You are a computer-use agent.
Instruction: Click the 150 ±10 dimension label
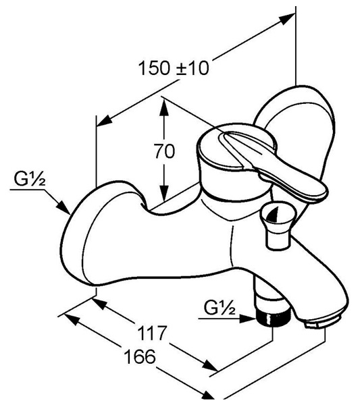point(174,68)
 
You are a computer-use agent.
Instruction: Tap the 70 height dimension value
point(164,151)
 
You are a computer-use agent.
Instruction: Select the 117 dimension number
point(151,333)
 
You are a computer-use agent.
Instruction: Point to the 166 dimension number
point(140,356)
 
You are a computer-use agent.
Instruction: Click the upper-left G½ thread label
point(30,180)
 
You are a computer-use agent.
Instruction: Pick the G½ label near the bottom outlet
point(220,308)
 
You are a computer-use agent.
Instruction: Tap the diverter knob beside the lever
point(277,225)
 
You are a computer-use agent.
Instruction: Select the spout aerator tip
point(323,322)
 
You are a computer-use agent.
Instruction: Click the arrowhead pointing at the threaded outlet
point(248,319)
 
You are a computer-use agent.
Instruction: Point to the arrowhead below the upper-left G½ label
point(63,207)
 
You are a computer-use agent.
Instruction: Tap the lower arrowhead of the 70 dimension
point(164,192)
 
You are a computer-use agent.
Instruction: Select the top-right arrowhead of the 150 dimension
point(287,19)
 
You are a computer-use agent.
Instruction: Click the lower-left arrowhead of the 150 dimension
point(105,121)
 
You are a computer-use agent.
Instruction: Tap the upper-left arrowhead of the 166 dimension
point(72,319)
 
